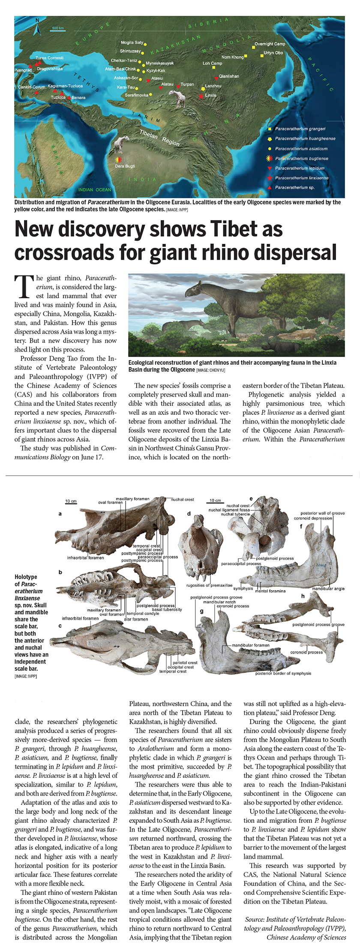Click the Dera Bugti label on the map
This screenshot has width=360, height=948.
pos(125,166)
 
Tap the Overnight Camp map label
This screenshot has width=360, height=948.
pos(270,44)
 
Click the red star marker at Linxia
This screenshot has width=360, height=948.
pos(201,96)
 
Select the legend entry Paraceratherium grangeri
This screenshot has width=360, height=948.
pos(300,129)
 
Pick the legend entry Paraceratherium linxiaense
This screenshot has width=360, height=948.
pos(302,178)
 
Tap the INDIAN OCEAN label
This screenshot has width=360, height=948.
pos(95,189)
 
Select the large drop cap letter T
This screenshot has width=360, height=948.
pos(24,287)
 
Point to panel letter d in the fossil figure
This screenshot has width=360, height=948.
pos(189,513)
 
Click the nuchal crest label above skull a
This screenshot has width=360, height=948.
pos(183,499)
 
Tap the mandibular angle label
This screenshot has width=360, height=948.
pos(328,588)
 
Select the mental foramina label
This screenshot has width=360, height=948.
pos(270,591)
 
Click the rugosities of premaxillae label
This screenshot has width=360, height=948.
pos(209,585)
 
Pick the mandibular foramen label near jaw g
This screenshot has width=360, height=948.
pos(251,645)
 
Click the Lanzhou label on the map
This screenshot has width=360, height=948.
pos(213,86)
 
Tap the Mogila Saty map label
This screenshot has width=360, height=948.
pos(132,42)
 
